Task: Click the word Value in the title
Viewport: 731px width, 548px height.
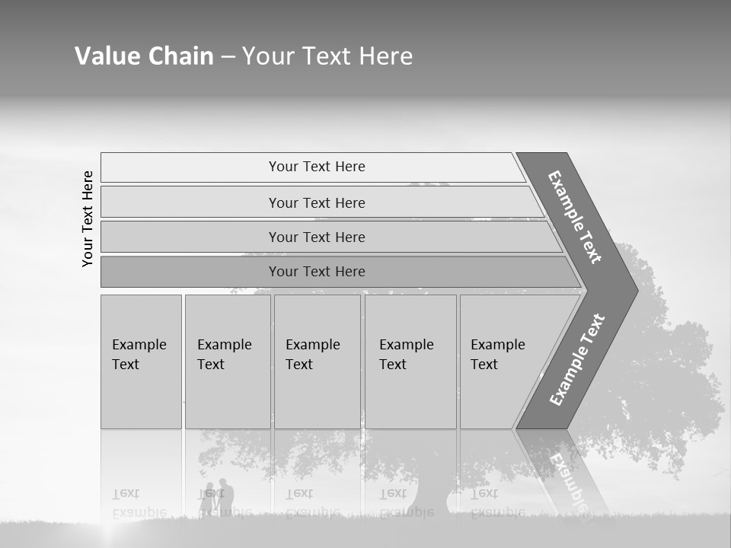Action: click(106, 56)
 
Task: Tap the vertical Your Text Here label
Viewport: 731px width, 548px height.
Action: click(88, 218)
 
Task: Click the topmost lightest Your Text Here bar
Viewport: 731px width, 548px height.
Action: click(316, 167)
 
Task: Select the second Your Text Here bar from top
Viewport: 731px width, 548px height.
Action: click(316, 202)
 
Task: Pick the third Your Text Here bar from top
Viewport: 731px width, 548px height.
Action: click(316, 237)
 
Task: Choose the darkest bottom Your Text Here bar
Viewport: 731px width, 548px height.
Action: click(316, 272)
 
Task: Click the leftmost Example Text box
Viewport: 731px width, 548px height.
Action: click(141, 361)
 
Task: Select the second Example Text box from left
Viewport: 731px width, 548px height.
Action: click(227, 361)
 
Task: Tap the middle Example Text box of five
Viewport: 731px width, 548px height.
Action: click(317, 361)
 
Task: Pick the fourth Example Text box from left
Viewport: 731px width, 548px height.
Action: click(410, 361)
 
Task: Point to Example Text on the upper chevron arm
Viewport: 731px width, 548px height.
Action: click(576, 218)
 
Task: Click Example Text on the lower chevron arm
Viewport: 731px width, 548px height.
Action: click(577, 359)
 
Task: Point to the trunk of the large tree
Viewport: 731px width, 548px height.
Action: click(430, 495)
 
